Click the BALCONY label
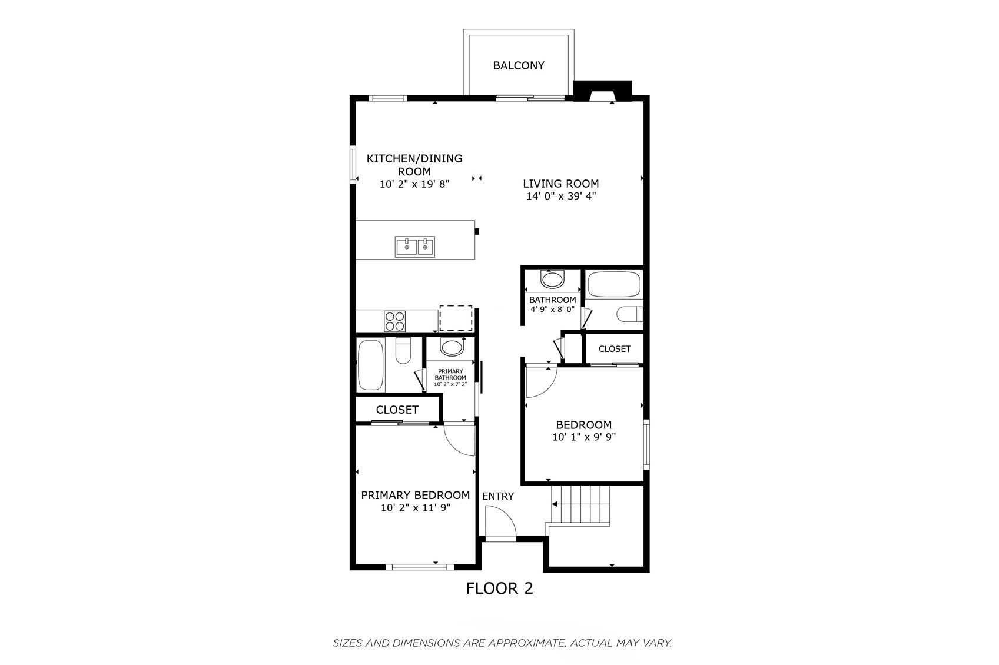518,65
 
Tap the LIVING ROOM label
560,183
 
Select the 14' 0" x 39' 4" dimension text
561,196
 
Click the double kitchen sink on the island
415,247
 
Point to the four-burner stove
394,321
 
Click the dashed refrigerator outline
456,318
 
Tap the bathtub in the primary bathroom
371,365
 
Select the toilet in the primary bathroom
403,351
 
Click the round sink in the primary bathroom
452,347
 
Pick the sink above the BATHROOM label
552,280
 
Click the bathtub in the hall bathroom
613,284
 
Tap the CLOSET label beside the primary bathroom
397,410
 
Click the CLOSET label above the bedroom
615,349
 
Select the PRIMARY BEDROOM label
415,495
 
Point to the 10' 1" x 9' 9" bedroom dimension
584,437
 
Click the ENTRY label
497,496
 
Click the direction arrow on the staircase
555,504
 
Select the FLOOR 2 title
499,588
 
